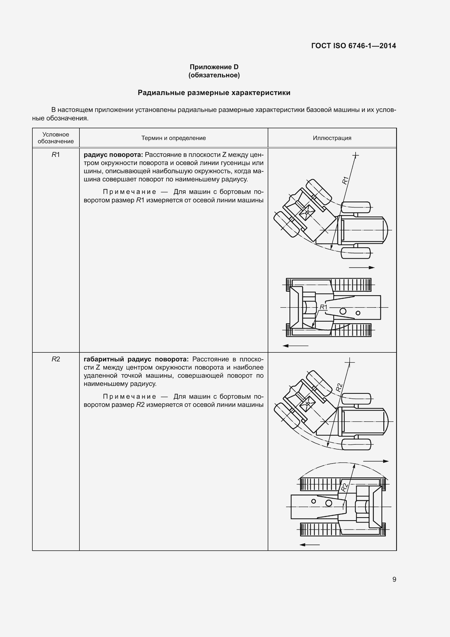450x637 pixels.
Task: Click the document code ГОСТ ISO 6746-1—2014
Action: [354, 46]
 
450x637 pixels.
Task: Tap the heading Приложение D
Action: [214, 67]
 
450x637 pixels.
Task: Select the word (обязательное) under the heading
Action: [214, 75]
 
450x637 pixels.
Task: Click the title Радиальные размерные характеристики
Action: [214, 93]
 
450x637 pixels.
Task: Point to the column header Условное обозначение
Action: [56, 138]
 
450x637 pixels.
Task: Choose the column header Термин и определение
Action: [174, 138]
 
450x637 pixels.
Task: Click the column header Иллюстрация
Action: [332, 138]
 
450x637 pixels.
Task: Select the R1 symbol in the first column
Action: [56, 155]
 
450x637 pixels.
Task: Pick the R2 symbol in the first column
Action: [56, 359]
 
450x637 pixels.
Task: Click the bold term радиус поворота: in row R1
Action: [113, 155]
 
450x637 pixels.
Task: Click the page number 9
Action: [394, 579]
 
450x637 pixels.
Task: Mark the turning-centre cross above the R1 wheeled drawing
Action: [356, 155]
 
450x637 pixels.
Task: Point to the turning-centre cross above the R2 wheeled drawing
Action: [350, 362]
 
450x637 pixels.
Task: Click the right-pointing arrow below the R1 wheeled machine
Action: [362, 268]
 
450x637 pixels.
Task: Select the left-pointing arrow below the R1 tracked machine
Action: [295, 346]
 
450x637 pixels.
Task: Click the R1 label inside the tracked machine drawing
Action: [324, 307]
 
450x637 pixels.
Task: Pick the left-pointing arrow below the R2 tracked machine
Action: [310, 545]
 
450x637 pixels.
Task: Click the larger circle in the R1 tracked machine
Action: [343, 311]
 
